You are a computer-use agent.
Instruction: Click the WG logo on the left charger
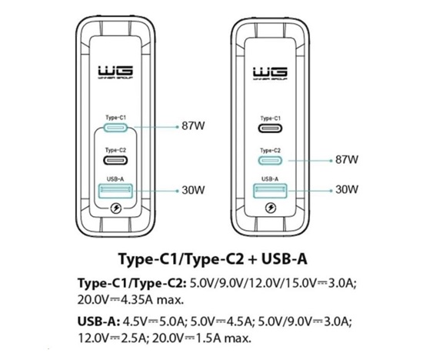(x=115, y=72)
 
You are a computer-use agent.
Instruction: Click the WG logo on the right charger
(x=270, y=73)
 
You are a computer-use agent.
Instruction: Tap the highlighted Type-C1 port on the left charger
(x=115, y=128)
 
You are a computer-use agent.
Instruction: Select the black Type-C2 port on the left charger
(x=115, y=160)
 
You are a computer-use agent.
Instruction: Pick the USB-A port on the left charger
(x=115, y=191)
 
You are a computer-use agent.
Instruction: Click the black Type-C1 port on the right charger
(x=270, y=128)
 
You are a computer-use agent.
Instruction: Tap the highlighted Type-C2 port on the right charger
(x=270, y=161)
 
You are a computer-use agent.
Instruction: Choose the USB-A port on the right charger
(x=270, y=191)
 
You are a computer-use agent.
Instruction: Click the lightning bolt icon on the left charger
(x=116, y=208)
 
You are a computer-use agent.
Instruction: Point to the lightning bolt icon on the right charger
(x=271, y=208)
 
